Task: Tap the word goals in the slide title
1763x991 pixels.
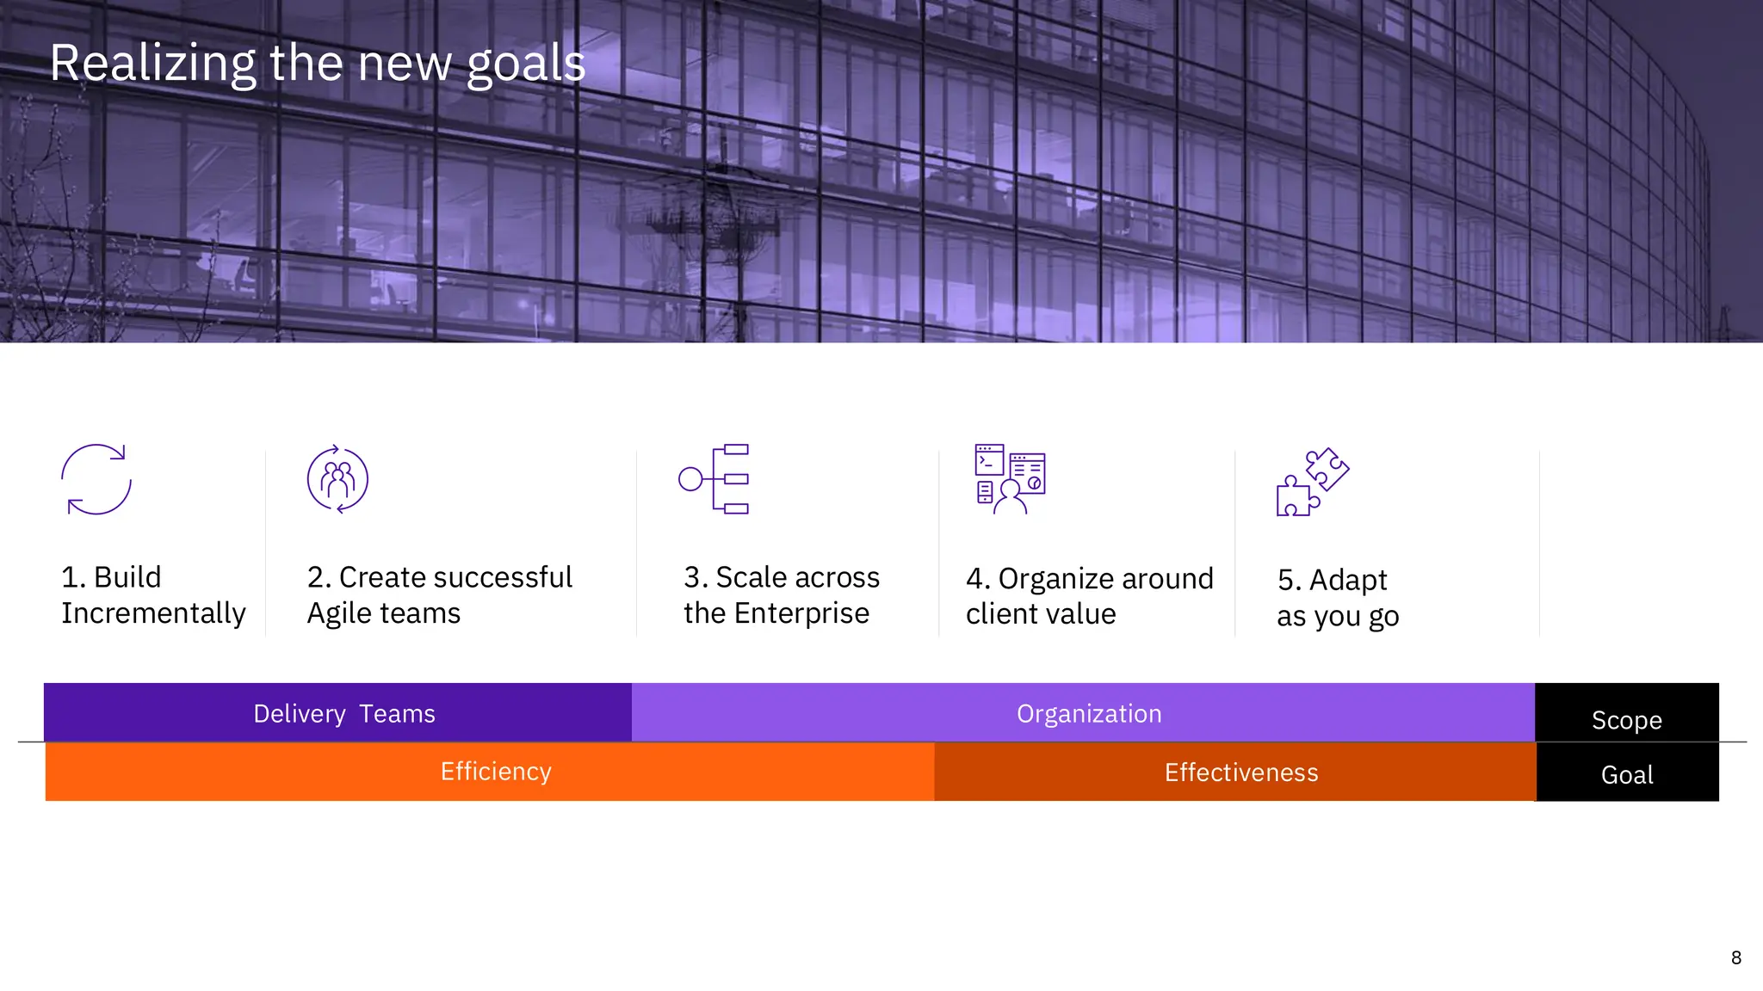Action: (x=525, y=65)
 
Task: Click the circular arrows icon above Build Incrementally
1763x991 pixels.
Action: (x=96, y=479)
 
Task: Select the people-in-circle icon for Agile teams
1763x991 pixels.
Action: (x=337, y=479)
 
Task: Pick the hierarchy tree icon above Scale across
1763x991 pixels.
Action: (x=714, y=479)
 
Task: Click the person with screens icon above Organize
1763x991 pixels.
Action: (x=1009, y=479)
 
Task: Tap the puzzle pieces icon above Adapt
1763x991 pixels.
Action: (x=1312, y=482)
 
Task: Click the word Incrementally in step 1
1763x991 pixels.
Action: (x=153, y=613)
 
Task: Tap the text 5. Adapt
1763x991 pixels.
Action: (x=1332, y=580)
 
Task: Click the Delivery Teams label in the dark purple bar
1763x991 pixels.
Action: (x=343, y=714)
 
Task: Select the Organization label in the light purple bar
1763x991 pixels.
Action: (x=1089, y=714)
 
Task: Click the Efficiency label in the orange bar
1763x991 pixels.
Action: (x=496, y=772)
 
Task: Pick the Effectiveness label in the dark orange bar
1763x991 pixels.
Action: (x=1240, y=772)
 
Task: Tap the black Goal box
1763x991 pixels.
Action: (x=1626, y=773)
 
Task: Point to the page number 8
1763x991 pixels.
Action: (x=1735, y=957)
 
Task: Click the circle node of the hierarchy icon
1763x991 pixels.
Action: (x=690, y=479)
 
